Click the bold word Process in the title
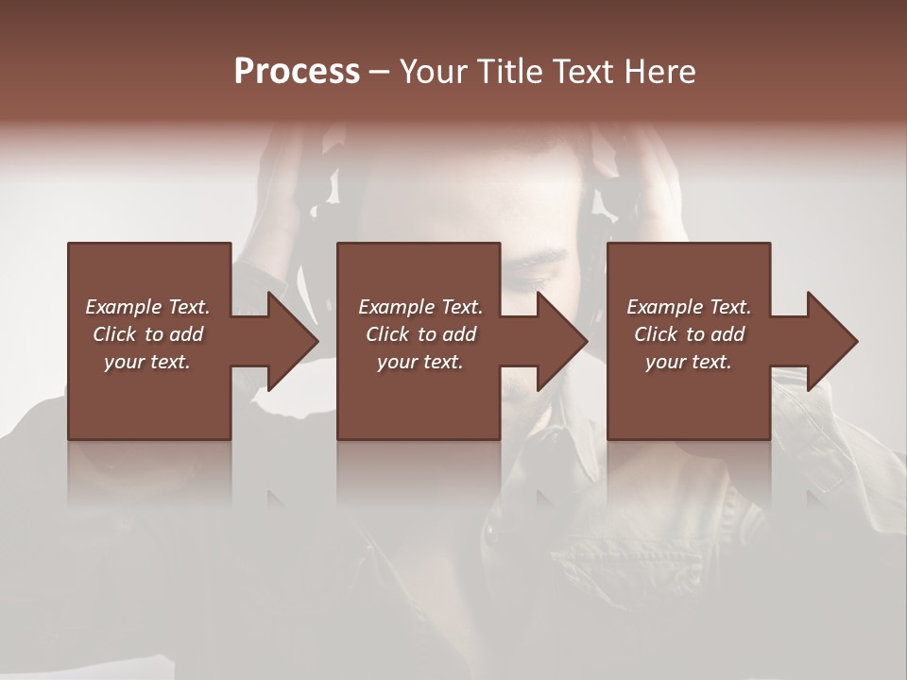click(x=297, y=72)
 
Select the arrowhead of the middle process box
click(x=561, y=342)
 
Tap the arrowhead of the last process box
click(x=831, y=342)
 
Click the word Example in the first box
click(x=124, y=307)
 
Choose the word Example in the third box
click(x=664, y=307)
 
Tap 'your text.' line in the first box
click(x=147, y=362)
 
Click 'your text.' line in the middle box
click(x=419, y=362)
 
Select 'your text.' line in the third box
click(x=688, y=362)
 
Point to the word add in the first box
click(x=187, y=334)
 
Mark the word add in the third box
click(x=728, y=334)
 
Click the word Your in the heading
click(x=433, y=72)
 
